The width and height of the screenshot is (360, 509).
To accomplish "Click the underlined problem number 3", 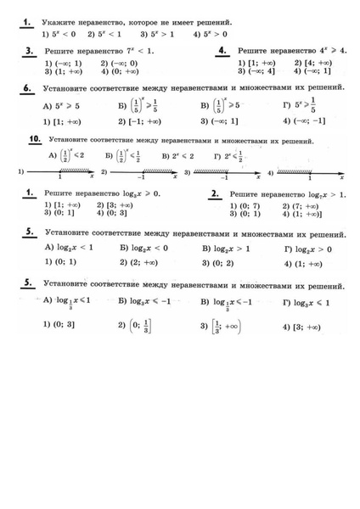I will pos(29,52).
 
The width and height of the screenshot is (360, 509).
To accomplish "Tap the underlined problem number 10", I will pos(35,138).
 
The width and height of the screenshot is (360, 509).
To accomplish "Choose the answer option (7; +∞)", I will pos(310,205).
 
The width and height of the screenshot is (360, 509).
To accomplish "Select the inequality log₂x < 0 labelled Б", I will pos(143,248).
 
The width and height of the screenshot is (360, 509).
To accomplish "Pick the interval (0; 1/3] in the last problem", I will pos(137,325).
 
